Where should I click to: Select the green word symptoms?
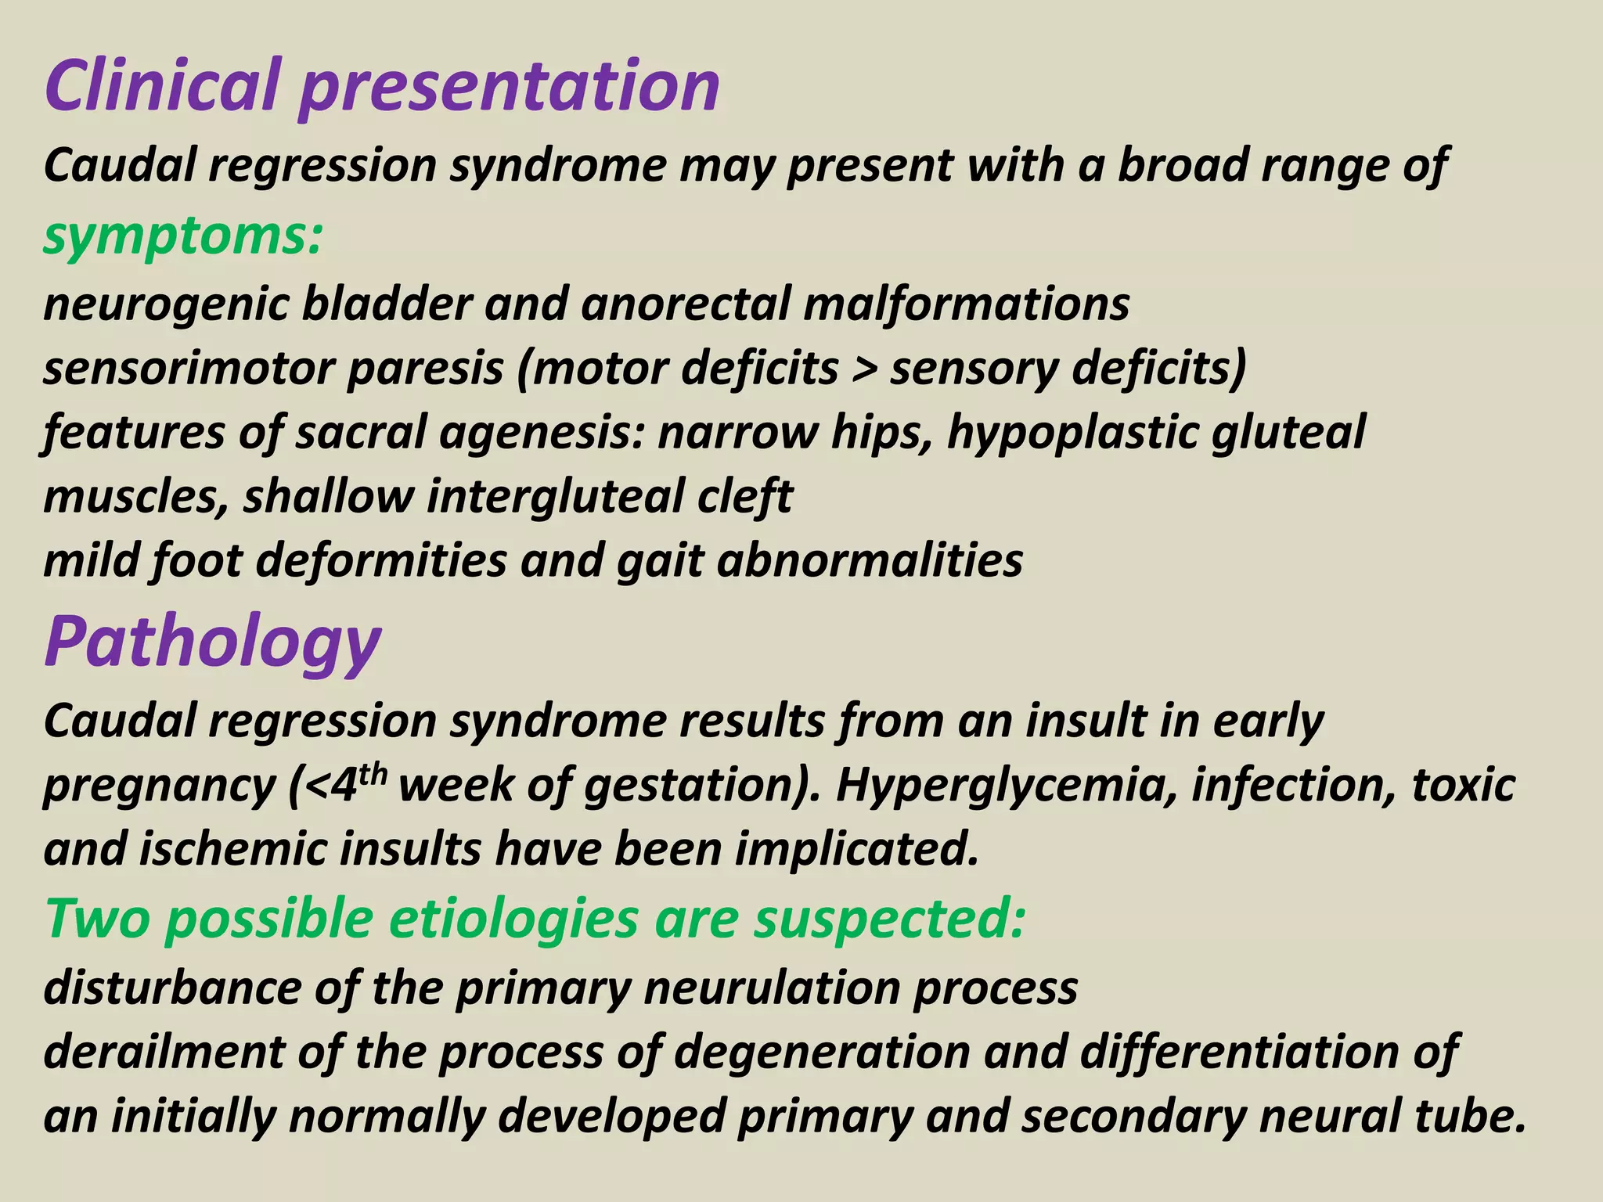(x=182, y=237)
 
